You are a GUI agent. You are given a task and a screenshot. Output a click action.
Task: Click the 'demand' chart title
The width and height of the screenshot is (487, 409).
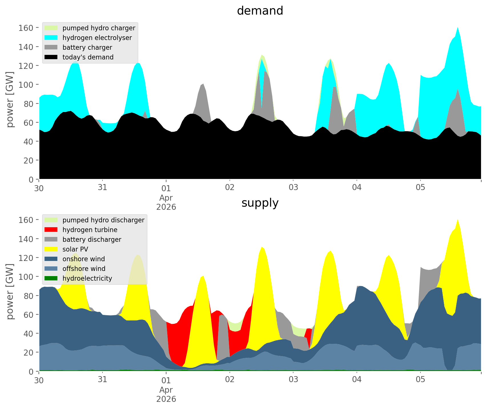tap(260, 11)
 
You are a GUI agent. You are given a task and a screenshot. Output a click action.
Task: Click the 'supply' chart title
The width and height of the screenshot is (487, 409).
tap(260, 203)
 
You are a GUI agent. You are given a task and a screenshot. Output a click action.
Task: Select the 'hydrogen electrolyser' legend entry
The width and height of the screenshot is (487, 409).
tap(97, 38)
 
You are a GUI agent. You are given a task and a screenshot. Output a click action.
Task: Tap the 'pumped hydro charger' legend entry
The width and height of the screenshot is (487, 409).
tap(99, 28)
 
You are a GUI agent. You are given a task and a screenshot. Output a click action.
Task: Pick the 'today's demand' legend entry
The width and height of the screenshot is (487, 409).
tap(88, 57)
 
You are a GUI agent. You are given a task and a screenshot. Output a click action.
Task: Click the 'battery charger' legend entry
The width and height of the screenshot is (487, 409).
tap(87, 47)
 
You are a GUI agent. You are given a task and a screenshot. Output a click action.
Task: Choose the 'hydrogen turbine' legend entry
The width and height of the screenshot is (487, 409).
tap(90, 230)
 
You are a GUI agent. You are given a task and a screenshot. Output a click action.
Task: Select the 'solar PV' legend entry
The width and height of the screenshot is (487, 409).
tap(75, 249)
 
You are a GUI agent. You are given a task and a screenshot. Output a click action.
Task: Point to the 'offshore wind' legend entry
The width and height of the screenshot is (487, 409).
tap(84, 269)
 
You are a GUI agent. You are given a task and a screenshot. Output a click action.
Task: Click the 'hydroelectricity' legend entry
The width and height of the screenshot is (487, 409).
tap(87, 278)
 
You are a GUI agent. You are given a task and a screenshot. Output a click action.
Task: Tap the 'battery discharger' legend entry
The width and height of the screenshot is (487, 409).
tap(92, 240)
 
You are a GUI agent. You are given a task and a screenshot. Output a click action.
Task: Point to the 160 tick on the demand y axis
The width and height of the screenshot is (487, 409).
tap(26, 28)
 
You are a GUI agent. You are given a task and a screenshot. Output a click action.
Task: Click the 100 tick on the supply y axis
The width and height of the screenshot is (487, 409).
tap(26, 277)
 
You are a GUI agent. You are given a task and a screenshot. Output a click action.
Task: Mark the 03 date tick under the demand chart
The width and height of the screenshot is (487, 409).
tap(293, 188)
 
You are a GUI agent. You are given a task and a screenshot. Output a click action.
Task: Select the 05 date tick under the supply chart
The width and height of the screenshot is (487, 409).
tap(420, 380)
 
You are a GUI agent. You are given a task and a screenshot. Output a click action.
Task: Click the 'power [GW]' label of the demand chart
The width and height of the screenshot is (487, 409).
tap(10, 99)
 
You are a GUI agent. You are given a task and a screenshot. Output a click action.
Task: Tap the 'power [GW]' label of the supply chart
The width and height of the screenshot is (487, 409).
tap(10, 292)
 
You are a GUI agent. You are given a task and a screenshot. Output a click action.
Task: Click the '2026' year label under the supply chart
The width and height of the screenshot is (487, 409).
tap(166, 399)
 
